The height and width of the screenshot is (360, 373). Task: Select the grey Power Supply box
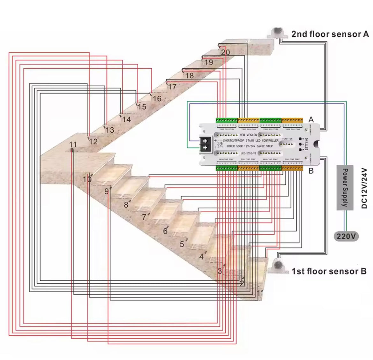tap(345, 188)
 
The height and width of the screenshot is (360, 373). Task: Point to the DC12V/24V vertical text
tap(365, 188)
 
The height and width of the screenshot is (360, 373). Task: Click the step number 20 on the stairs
tap(225, 52)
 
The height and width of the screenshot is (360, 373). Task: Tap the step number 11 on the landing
tap(73, 145)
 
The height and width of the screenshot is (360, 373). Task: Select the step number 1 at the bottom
tap(258, 292)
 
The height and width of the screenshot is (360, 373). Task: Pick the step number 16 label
tap(157, 99)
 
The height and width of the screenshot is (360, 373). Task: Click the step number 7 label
tap(144, 217)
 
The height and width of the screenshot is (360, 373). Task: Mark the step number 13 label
tap(109, 130)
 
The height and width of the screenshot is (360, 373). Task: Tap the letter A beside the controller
tap(311, 119)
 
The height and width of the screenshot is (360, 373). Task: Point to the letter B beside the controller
tap(311, 171)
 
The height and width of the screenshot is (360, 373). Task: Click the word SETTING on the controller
tap(307, 144)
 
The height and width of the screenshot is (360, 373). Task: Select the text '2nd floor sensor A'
tap(330, 34)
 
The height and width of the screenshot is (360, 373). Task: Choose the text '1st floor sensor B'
tap(329, 271)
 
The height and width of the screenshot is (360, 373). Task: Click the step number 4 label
tap(201, 257)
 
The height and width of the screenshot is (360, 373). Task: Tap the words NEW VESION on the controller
tap(248, 135)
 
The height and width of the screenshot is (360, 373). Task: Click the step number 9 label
tap(107, 191)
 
